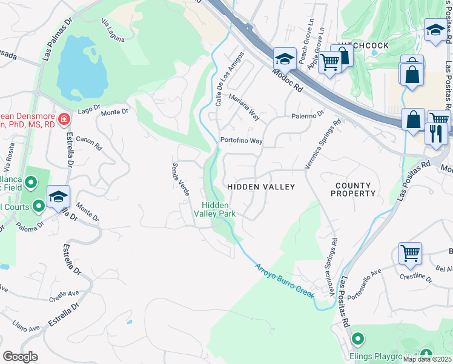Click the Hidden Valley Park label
point(214,209)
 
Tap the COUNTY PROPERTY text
point(353,189)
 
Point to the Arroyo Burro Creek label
point(284,280)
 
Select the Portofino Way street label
point(241,141)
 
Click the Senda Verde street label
point(181,179)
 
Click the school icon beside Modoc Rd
point(284,58)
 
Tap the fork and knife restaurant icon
point(435,133)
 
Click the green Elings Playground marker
point(358,339)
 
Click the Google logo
point(21,357)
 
